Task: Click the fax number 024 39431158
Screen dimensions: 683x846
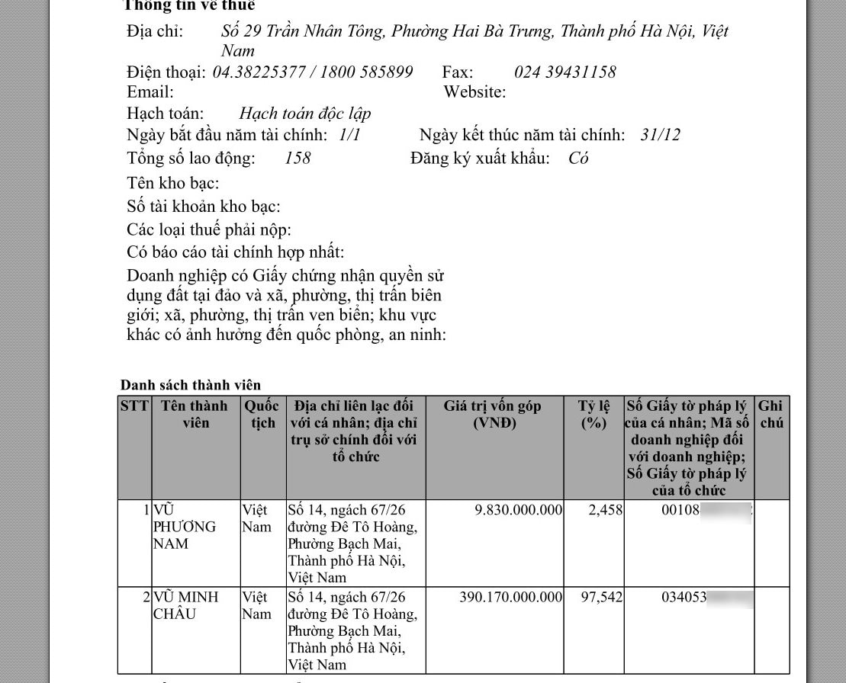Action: (565, 72)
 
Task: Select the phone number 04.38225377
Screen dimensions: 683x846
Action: (259, 72)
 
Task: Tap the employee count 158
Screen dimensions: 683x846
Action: (298, 159)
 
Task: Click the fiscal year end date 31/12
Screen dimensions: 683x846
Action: (661, 136)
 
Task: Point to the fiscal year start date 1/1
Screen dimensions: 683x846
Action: (349, 136)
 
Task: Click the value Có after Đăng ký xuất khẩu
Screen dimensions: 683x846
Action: (578, 159)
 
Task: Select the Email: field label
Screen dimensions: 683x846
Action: (150, 92)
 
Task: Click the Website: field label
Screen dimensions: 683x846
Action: (474, 92)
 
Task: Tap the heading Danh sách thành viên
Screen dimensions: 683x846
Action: (191, 385)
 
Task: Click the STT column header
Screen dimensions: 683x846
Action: (134, 406)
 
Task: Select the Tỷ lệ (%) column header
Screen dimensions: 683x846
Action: (593, 415)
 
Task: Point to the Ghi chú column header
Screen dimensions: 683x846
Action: (770, 415)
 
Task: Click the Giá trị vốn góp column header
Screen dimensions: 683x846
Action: (493, 415)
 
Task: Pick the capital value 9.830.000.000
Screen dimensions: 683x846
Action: (518, 510)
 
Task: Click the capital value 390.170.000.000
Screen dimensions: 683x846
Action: (510, 597)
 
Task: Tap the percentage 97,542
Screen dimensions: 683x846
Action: (601, 597)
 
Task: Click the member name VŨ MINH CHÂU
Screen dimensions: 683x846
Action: (185, 605)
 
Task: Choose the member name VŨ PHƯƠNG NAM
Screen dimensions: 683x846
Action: (184, 527)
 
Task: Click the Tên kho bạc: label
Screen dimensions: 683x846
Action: (173, 183)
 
